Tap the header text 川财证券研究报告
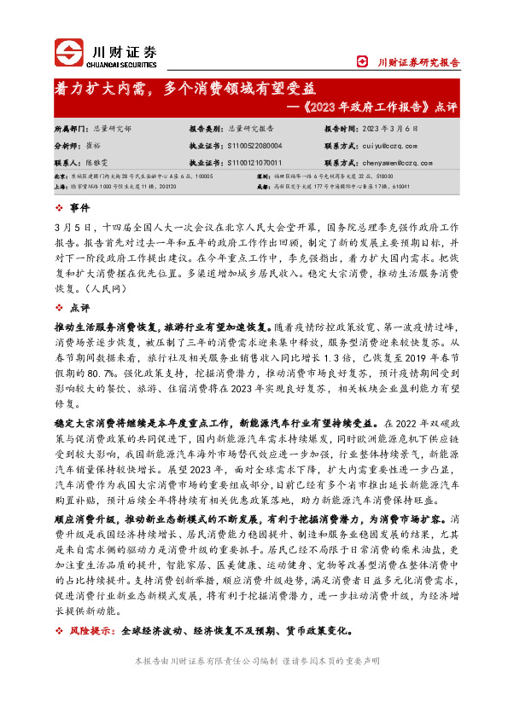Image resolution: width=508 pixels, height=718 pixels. (x=418, y=62)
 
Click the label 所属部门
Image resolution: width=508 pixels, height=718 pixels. (x=70, y=129)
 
